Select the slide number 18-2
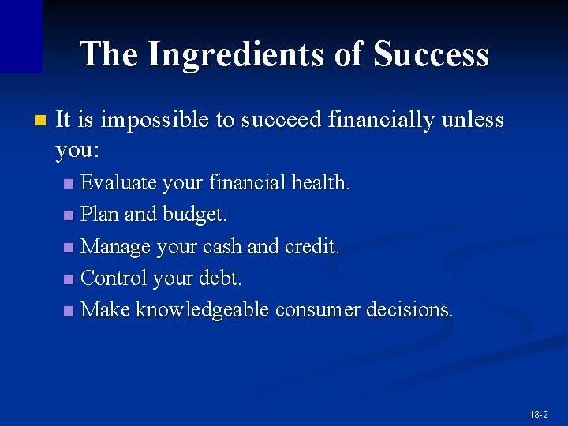coord(540,414)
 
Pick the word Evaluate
coord(119,183)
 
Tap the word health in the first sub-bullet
coord(320,183)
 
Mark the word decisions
coord(409,309)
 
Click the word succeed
coord(282,120)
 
